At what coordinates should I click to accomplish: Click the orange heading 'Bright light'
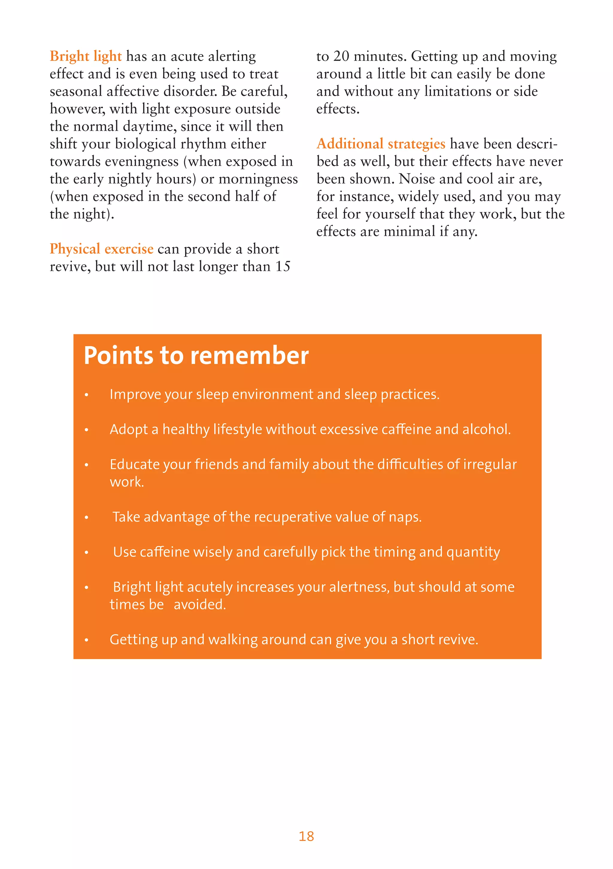tap(86, 57)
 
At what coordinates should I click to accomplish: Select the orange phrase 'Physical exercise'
tap(101, 249)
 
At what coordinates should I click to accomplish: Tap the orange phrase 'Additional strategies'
tap(381, 144)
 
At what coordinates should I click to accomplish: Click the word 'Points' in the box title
tap(118, 356)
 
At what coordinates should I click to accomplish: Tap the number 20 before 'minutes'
tap(341, 57)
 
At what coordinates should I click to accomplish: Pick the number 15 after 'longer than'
tap(283, 266)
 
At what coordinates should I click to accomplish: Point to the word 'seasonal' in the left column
tap(76, 92)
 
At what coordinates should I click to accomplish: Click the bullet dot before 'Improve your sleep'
tap(87, 395)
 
